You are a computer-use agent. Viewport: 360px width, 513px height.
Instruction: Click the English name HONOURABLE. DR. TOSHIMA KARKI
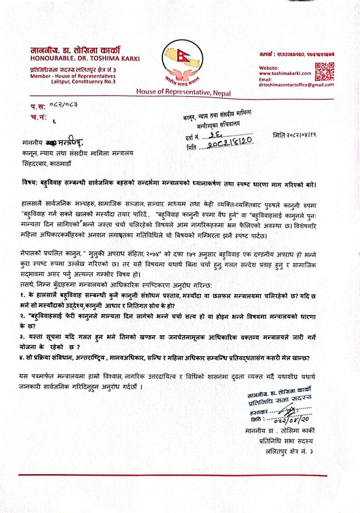coord(85,58)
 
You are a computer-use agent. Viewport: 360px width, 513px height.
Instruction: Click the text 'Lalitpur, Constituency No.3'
coord(83,81)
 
